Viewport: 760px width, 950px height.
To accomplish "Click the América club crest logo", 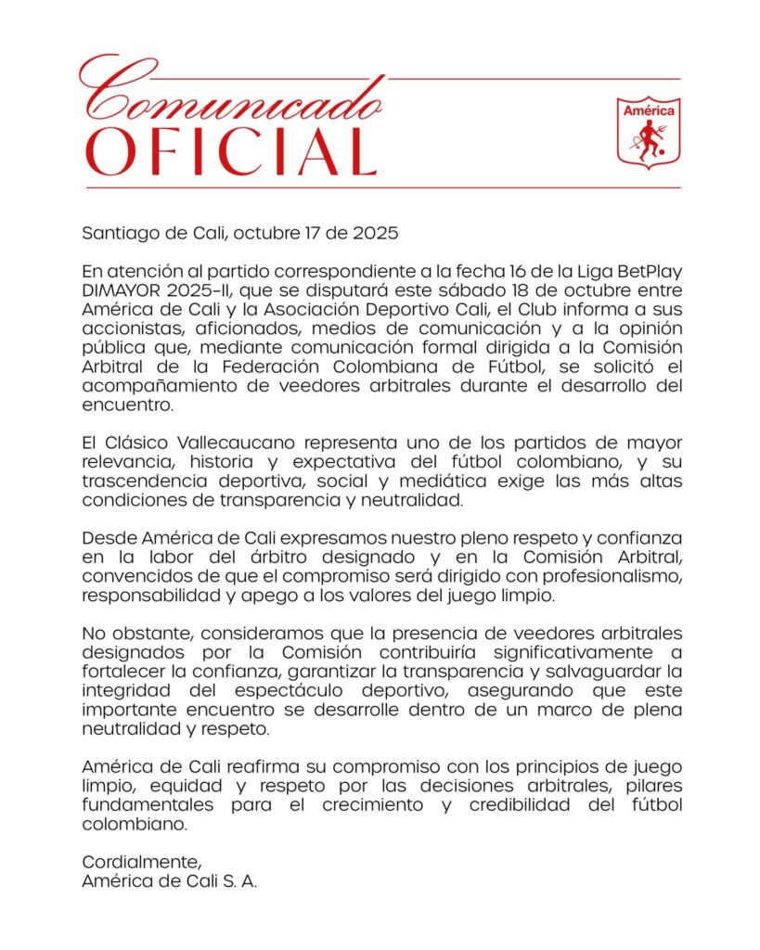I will click(x=649, y=132).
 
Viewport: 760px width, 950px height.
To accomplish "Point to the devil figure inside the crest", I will click(x=649, y=141).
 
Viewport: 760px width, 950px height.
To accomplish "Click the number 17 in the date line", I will click(x=302, y=233).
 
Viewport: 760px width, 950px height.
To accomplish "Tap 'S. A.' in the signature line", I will click(x=238, y=882).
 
